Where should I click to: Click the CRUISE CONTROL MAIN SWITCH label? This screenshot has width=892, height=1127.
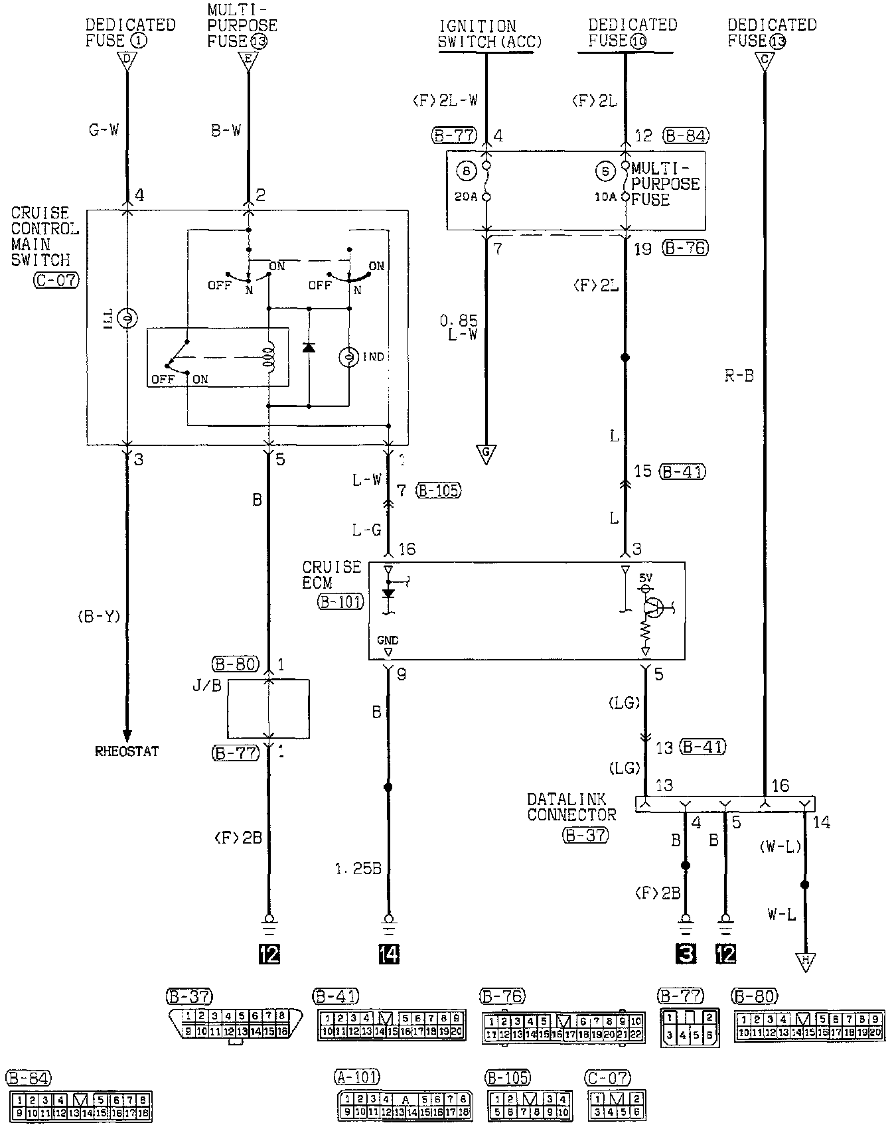pyautogui.click(x=44, y=236)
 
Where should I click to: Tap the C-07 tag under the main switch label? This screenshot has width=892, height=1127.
pyautogui.click(x=56, y=280)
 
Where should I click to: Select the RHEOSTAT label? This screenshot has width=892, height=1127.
pyautogui.click(x=127, y=752)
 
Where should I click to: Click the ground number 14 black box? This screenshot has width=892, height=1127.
pyautogui.click(x=389, y=954)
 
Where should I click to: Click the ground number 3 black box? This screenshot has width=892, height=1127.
pyautogui.click(x=686, y=954)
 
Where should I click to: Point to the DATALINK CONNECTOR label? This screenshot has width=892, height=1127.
pyautogui.click(x=571, y=806)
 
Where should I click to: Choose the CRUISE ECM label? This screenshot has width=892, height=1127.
pyautogui.click(x=332, y=575)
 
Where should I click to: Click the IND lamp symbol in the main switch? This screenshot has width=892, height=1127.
pyautogui.click(x=349, y=357)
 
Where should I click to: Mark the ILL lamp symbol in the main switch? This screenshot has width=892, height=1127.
pyautogui.click(x=126, y=320)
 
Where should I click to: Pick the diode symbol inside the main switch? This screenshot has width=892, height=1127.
pyautogui.click(x=309, y=348)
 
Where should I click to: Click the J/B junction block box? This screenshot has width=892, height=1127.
pyautogui.click(x=268, y=709)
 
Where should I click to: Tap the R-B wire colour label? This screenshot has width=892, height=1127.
pyautogui.click(x=739, y=376)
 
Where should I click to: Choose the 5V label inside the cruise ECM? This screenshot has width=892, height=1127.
pyautogui.click(x=645, y=578)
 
